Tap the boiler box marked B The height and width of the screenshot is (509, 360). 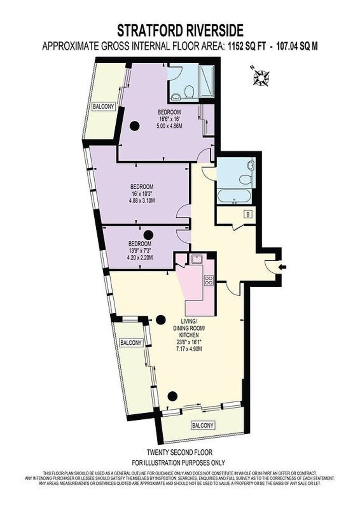(248, 214)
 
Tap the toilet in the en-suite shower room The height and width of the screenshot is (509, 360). (189, 92)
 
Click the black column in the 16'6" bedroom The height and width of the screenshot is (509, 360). (134, 125)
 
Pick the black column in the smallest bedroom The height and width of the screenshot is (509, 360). (148, 234)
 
